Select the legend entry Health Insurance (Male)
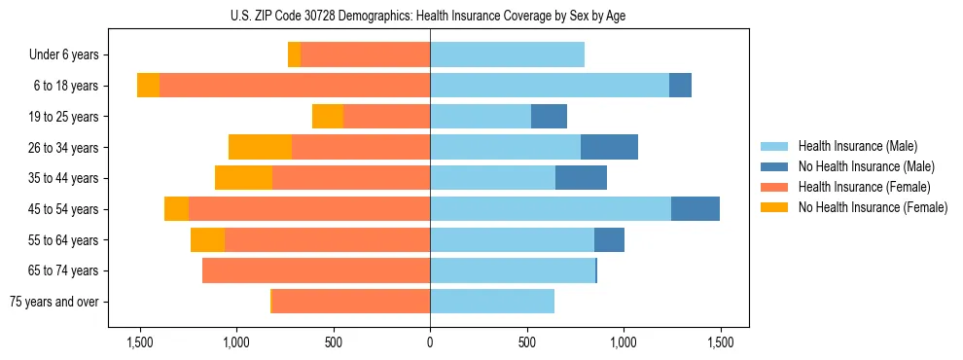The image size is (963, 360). pos(857,146)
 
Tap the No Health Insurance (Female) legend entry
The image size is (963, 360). pos(873,207)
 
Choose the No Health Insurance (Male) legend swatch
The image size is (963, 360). pos(774,166)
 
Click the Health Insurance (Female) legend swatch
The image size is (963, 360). pos(774,187)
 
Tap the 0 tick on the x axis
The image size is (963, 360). pos(430,342)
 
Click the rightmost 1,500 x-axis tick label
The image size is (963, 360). pos(720,342)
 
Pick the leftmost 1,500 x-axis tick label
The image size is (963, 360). pos(140,342)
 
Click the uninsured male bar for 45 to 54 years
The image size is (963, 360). pos(695,209)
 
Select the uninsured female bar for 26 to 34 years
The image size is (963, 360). pos(260,147)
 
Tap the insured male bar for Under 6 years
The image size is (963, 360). pos(507,55)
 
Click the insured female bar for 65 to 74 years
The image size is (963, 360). pos(316,270)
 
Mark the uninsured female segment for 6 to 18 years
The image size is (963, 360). pos(148,86)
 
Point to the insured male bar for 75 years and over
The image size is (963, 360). pos(492,302)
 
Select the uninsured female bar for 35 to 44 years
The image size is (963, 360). pos(243,178)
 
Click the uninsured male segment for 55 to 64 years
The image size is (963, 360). pos(609,239)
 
